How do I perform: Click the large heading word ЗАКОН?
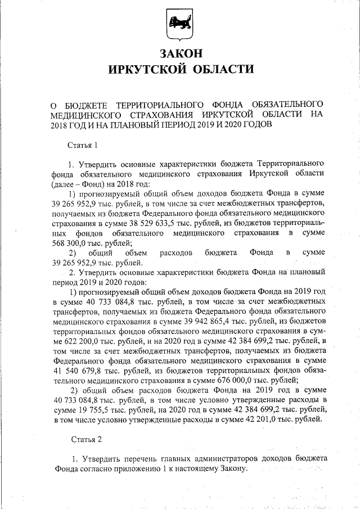180,53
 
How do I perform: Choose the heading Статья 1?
83,145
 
